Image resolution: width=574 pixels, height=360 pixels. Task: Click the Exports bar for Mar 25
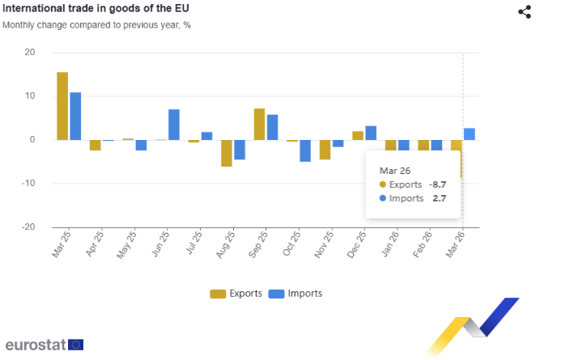tap(62, 106)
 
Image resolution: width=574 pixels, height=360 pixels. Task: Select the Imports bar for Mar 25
tap(75, 116)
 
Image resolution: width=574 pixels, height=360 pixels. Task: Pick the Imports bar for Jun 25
tap(174, 125)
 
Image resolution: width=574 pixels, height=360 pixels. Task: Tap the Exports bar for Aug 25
tap(227, 153)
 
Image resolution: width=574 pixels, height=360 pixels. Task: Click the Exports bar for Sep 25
tap(259, 125)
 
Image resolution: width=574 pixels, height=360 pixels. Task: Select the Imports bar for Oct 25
tap(305, 150)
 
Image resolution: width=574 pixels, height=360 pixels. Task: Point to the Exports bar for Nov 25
tap(325, 150)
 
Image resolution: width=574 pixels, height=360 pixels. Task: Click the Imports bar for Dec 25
tap(371, 133)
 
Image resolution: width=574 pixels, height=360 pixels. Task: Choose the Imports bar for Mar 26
tap(470, 134)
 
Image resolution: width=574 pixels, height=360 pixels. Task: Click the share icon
tap(525, 11)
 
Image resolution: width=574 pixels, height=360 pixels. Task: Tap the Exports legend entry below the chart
tap(236, 294)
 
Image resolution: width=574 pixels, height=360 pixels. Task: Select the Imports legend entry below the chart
tap(295, 294)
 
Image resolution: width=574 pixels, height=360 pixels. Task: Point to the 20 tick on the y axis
tap(30, 53)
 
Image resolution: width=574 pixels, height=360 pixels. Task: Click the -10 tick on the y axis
tap(28, 183)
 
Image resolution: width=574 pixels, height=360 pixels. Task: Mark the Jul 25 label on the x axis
tap(194, 242)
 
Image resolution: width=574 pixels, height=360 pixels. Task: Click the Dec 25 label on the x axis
tap(356, 244)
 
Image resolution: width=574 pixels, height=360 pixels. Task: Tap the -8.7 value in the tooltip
tap(437, 184)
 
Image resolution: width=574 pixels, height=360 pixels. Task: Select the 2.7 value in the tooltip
tap(440, 198)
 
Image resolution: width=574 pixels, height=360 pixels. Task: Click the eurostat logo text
tap(36, 345)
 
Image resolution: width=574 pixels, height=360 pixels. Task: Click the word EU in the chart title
tap(181, 8)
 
